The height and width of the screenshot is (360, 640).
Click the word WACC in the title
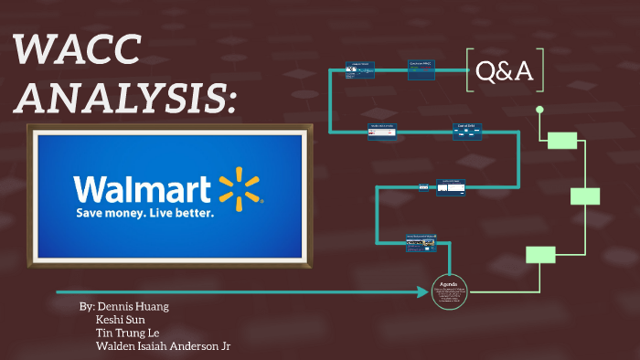pyautogui.click(x=78, y=50)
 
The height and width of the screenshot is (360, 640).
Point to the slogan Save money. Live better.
pyautogui.click(x=144, y=213)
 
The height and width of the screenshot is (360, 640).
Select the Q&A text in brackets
pyautogui.click(x=506, y=70)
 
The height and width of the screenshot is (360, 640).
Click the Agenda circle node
pyautogui.click(x=450, y=291)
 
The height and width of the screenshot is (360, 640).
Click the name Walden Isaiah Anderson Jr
pyautogui.click(x=168, y=347)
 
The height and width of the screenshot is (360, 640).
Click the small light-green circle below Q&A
pyautogui.click(x=539, y=110)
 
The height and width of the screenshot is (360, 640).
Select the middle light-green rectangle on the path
pyautogui.click(x=585, y=196)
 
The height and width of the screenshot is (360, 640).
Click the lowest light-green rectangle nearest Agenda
pyautogui.click(x=540, y=255)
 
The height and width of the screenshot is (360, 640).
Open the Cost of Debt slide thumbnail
pyautogui.click(x=467, y=132)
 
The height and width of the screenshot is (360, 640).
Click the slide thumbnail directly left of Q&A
pyautogui.click(x=421, y=69)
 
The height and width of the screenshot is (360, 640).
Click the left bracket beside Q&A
pyautogui.click(x=470, y=70)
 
